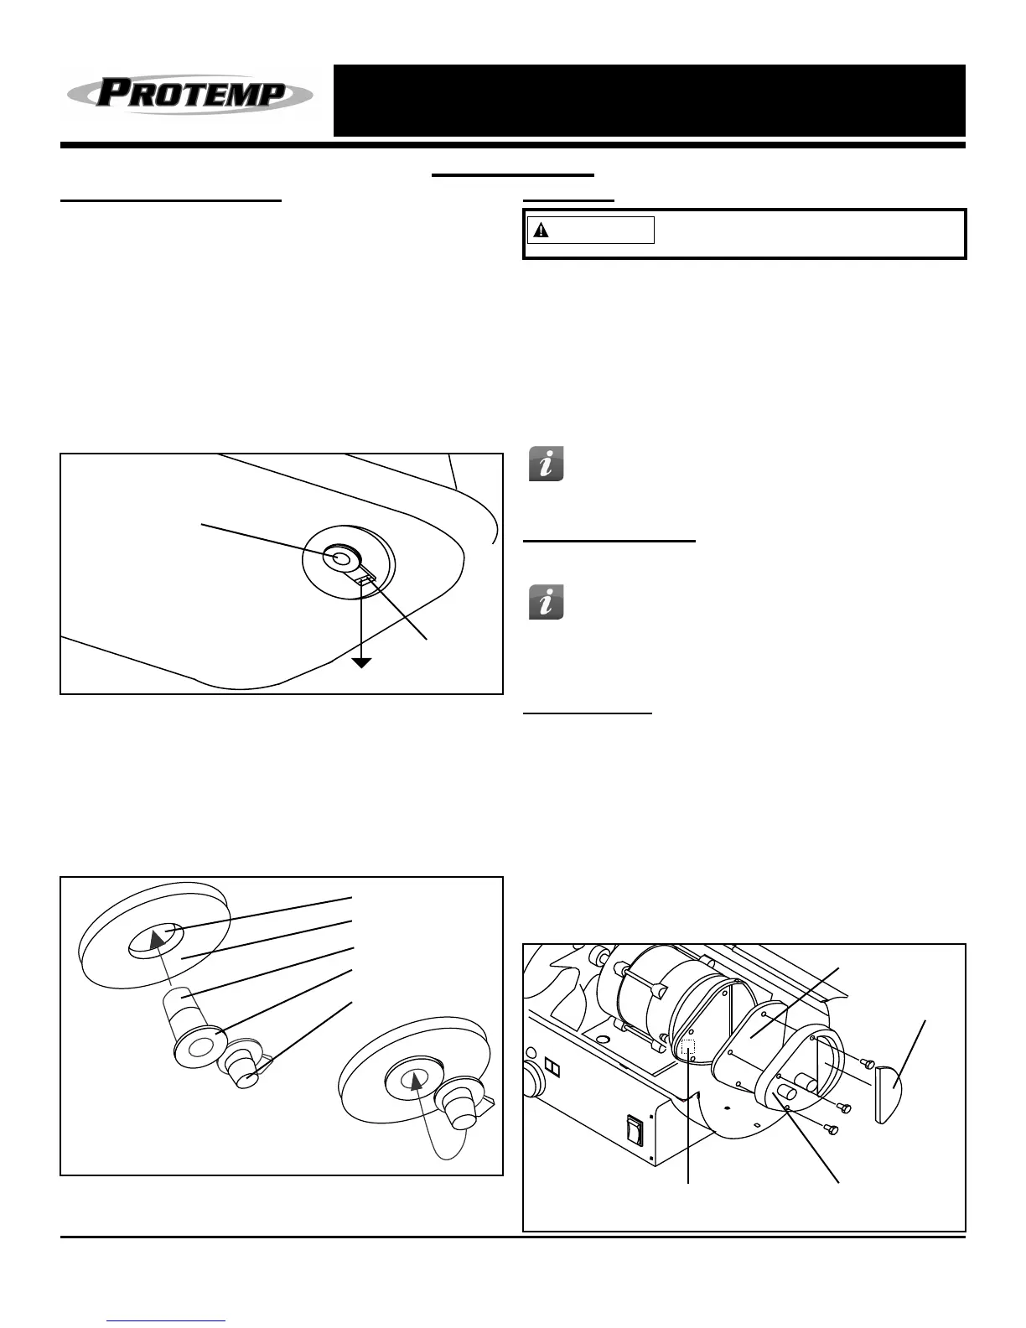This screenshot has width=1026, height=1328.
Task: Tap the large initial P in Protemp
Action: [111, 93]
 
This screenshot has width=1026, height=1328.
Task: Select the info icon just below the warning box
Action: [546, 464]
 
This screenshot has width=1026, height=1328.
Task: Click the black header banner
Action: [649, 101]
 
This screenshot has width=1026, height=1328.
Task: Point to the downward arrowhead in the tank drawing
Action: [361, 662]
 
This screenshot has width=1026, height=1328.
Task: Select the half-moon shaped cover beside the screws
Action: [889, 1092]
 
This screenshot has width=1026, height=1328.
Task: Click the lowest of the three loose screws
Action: [832, 1129]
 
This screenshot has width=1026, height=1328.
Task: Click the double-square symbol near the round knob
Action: [553, 1066]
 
